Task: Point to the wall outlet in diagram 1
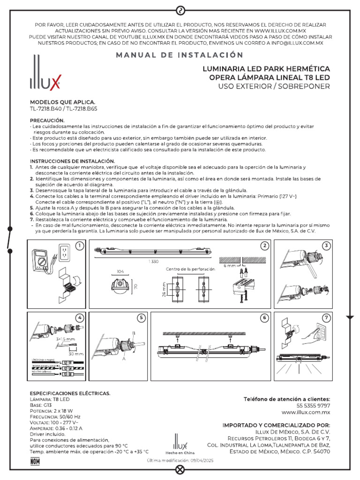tap(66, 254)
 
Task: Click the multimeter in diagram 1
tap(43, 261)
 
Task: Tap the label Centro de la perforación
tap(190, 269)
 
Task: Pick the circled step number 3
tap(326, 246)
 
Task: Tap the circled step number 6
tap(265, 318)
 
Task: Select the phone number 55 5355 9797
tap(313, 405)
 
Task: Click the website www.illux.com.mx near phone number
tap(306, 412)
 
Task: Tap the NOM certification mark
tap(35, 461)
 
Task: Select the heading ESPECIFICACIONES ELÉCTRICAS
tap(70, 392)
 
